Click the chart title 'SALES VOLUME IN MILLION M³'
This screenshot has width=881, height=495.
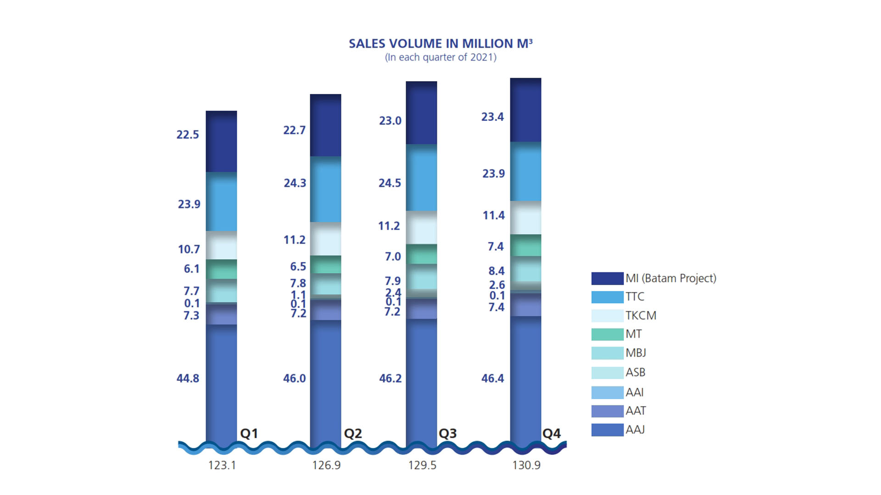point(440,44)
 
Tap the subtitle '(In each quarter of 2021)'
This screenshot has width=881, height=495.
point(440,57)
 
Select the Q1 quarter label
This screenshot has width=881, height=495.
point(249,433)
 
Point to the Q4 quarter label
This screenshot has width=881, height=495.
point(552,433)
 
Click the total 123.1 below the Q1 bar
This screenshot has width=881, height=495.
point(222,465)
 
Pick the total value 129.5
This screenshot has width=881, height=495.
point(422,465)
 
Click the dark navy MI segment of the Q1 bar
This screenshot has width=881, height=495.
point(221,142)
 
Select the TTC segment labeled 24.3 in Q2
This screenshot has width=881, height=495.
point(325,189)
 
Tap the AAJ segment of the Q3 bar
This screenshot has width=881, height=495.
point(421,380)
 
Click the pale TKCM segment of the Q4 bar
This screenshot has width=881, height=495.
point(525,218)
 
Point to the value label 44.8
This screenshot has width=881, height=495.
point(188,378)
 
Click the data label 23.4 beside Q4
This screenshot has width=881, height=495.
point(492,117)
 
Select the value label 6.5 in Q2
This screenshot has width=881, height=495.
point(298,266)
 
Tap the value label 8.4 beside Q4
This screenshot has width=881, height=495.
point(496,271)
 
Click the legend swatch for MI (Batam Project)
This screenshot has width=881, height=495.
point(607,278)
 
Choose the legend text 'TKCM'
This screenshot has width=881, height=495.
point(641,315)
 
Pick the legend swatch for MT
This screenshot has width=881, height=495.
point(607,334)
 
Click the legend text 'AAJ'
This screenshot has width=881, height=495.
point(635,429)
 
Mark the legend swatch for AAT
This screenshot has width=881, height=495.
point(607,411)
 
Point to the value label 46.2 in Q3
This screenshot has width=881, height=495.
point(390,378)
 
